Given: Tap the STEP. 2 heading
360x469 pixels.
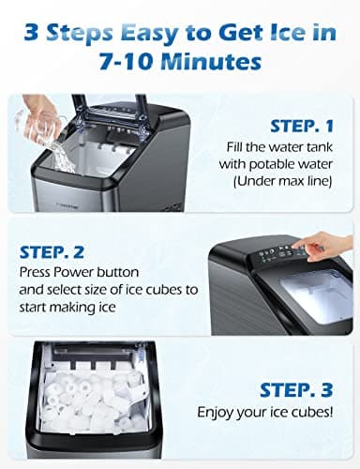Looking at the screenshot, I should (52, 251).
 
